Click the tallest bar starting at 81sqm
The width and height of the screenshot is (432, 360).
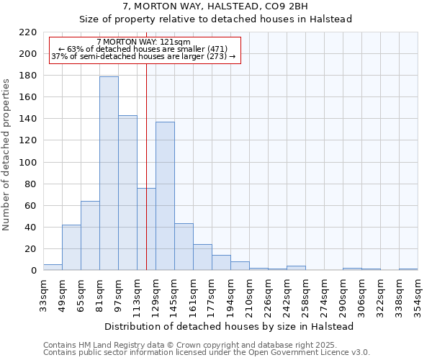point(109,173)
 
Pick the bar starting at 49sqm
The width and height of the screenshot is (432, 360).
point(71,248)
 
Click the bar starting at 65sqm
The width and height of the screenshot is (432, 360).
point(90,235)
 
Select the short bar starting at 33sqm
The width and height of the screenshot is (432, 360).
point(53,267)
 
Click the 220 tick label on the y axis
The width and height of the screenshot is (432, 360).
point(29,32)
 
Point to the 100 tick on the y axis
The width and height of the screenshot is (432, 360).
point(29,163)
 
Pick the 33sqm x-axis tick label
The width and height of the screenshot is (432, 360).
point(44,292)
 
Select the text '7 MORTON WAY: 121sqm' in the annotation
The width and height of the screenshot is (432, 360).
point(143,42)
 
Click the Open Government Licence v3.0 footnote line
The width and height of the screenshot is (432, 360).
point(207,352)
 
